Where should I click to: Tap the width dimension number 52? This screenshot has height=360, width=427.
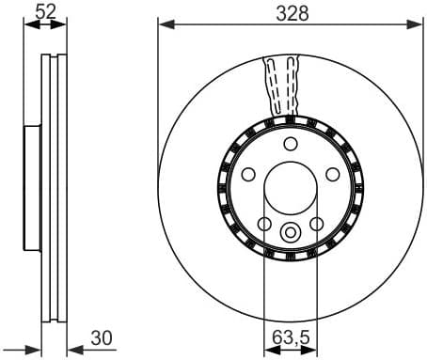(44, 11)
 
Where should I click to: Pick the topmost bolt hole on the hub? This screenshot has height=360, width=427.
(290, 144)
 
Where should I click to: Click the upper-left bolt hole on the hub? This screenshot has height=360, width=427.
(249, 174)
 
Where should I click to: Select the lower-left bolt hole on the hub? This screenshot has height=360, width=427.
(264, 223)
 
